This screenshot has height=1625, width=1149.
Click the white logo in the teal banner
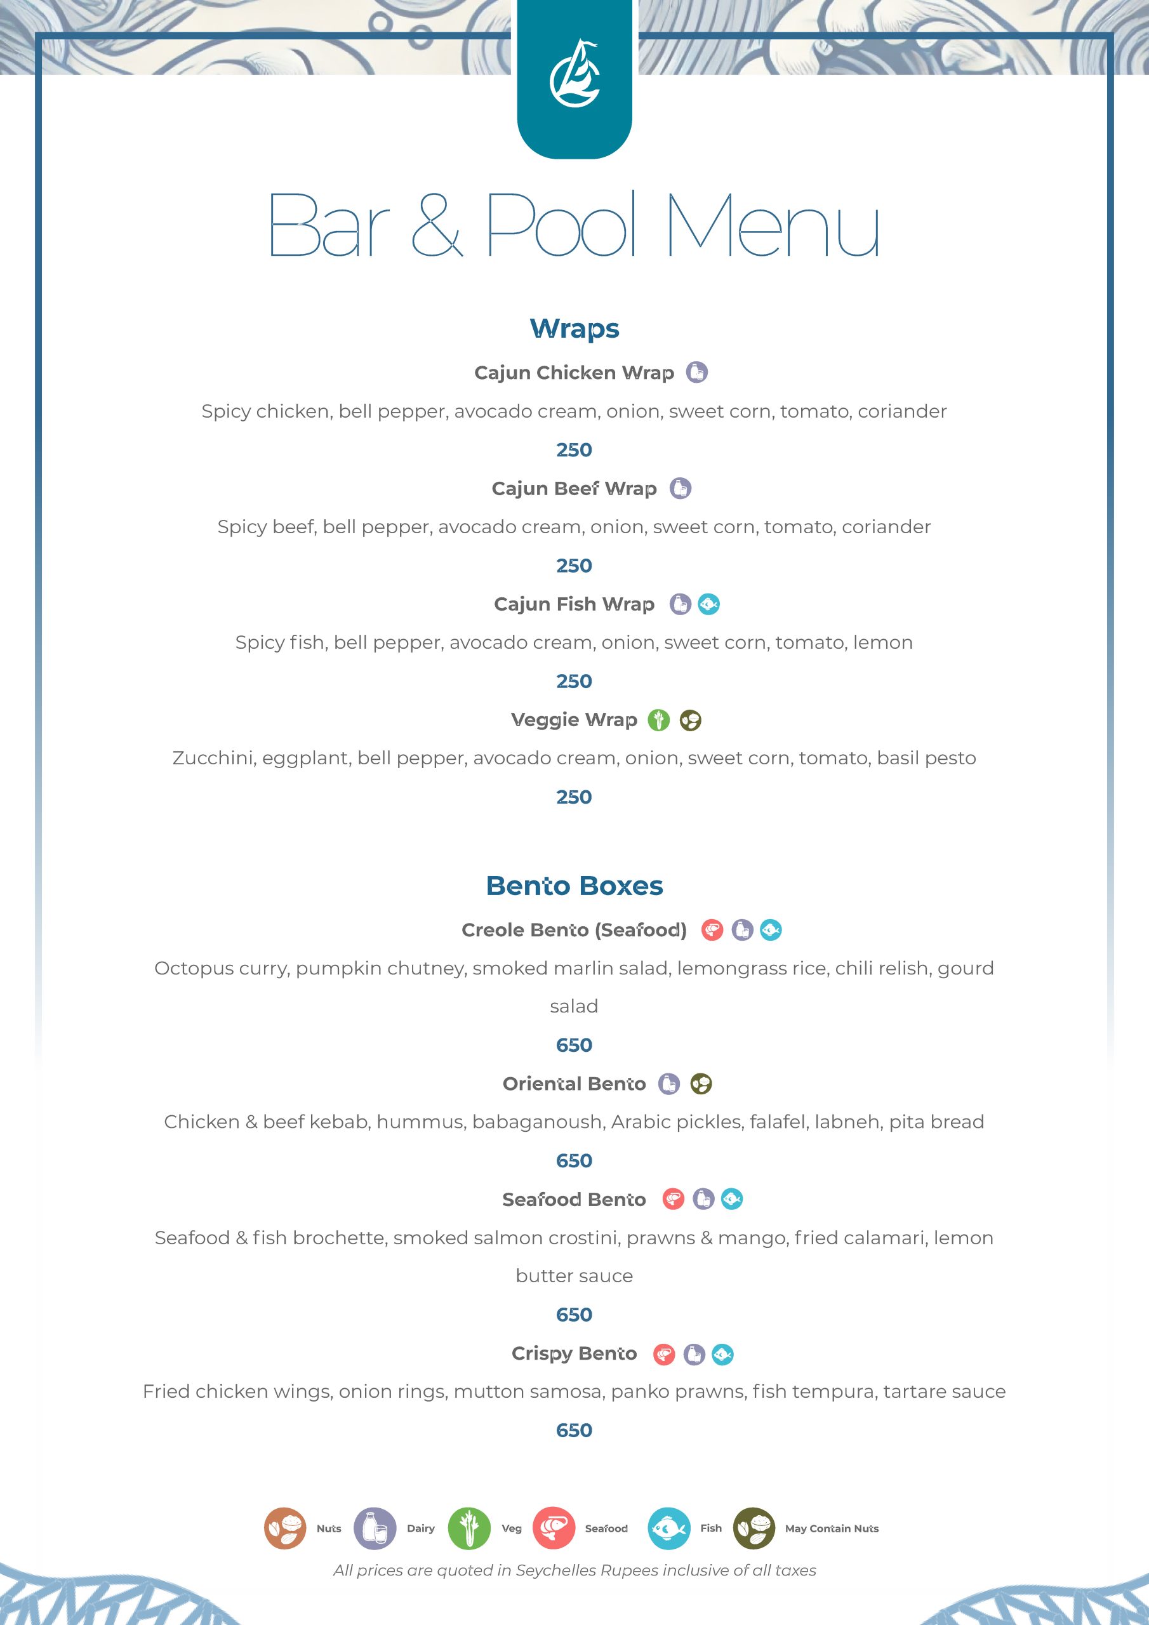point(574,74)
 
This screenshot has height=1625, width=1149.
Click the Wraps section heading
point(574,329)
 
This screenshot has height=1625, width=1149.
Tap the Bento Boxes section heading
point(574,886)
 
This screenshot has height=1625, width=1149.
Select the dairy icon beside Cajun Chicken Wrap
point(696,372)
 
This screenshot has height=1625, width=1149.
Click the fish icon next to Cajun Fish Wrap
point(708,604)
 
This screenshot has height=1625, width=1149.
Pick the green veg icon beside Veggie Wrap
point(658,720)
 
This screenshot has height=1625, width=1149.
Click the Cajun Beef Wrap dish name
point(574,489)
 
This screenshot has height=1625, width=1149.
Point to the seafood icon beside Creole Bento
point(712,930)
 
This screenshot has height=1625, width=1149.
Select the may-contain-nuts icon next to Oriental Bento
point(701,1084)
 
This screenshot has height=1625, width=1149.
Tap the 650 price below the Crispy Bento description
point(574,1430)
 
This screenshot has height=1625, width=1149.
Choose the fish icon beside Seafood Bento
point(732,1200)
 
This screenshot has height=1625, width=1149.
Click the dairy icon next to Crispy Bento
point(694,1355)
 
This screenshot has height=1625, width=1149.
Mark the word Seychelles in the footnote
point(559,1570)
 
